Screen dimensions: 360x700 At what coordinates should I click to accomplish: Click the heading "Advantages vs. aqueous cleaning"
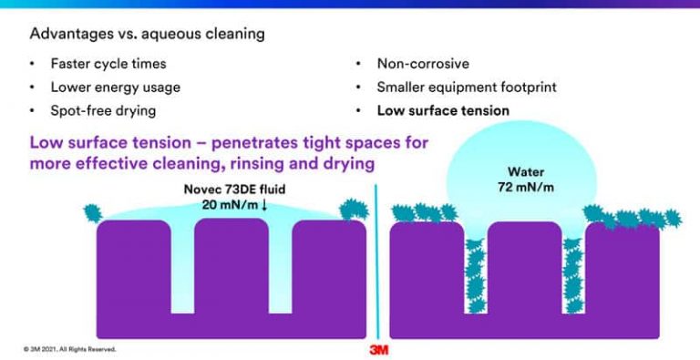pos(147,35)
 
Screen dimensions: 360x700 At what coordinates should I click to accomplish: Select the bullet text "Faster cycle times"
pos(108,65)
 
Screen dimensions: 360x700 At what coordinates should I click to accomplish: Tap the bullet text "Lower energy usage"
pos(115,87)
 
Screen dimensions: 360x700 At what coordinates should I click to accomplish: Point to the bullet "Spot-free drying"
pos(103,110)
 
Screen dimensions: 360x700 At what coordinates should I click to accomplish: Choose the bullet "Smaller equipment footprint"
pos(466,87)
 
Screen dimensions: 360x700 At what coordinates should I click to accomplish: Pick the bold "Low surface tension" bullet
pos(443,110)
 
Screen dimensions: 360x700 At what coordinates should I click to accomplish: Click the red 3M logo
pos(379,349)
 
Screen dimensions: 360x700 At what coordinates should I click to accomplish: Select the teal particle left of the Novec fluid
pos(91,213)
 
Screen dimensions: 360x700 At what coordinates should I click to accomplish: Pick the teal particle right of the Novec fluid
pos(354,209)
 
